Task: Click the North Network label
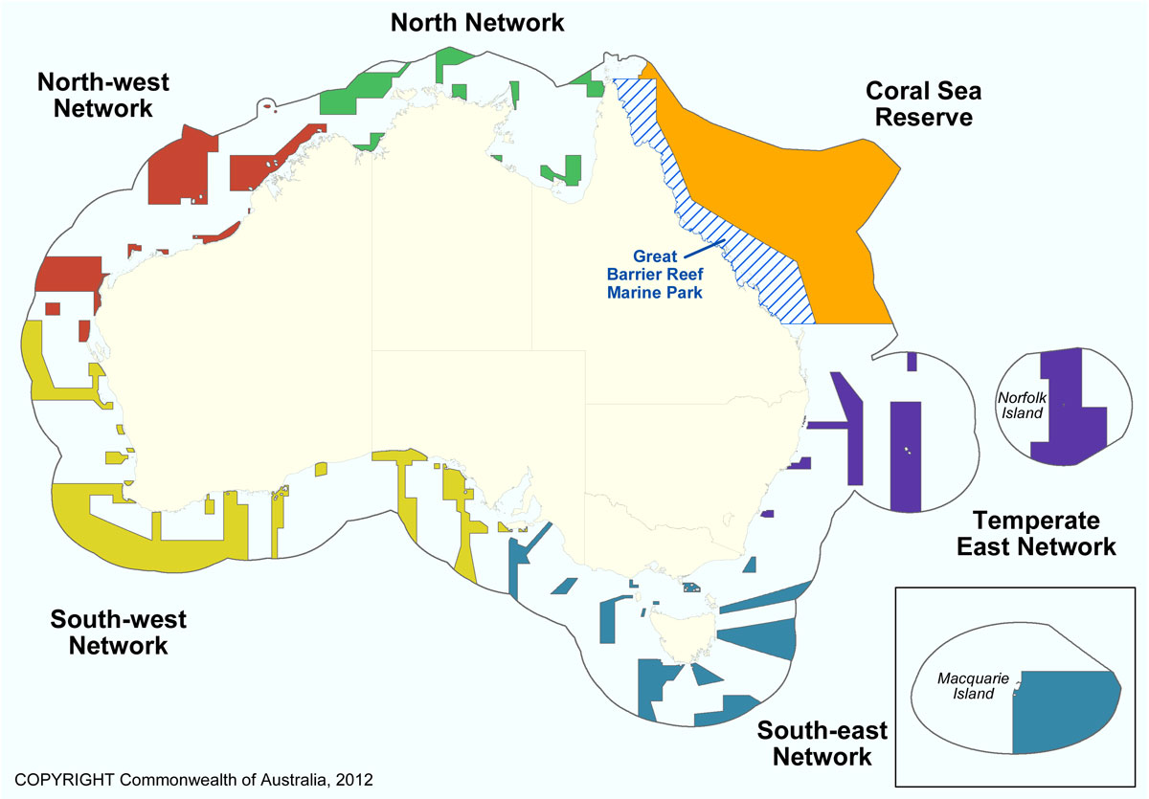tap(478, 22)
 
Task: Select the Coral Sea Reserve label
tap(924, 103)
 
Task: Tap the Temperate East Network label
tap(1044, 533)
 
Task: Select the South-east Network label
tap(822, 744)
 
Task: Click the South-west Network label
tap(118, 632)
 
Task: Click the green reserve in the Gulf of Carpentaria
tap(565, 172)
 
